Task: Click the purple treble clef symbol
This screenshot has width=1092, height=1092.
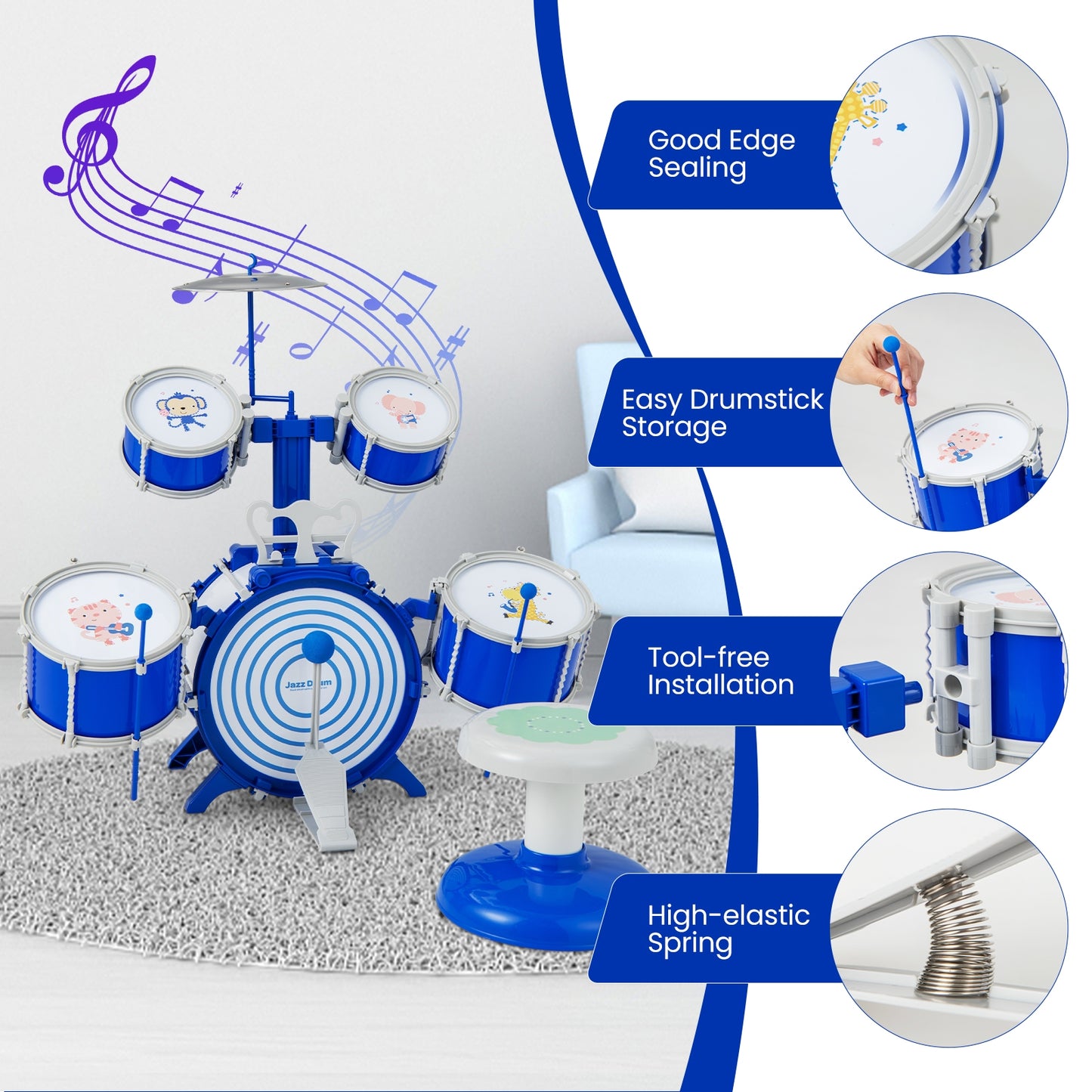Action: click(x=94, y=128)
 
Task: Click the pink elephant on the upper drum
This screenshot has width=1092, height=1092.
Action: click(x=401, y=409)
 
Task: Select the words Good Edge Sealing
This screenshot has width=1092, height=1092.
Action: click(x=721, y=153)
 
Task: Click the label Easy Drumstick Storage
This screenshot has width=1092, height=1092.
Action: click(x=722, y=413)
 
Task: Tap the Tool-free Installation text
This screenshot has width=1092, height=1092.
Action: click(x=720, y=670)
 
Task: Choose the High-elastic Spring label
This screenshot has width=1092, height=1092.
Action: click(x=728, y=929)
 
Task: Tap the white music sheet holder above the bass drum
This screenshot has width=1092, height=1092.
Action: click(x=302, y=525)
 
